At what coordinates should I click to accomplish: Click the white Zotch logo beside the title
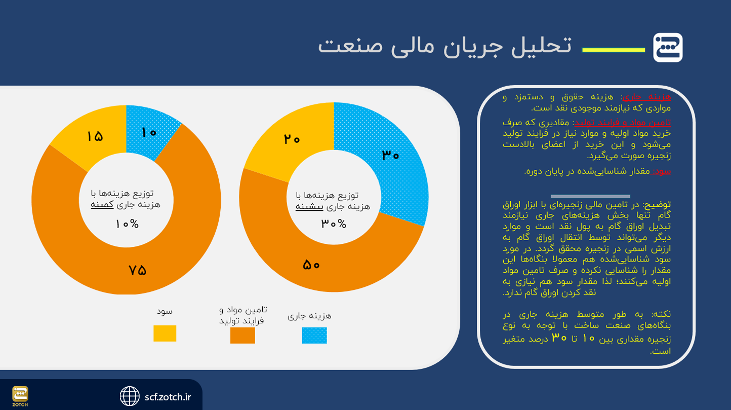click(668, 48)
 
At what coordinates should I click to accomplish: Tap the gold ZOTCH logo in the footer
click(20, 395)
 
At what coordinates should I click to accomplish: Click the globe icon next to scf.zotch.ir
click(130, 396)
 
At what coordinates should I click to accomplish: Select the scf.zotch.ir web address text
click(168, 397)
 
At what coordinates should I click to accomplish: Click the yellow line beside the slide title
click(614, 50)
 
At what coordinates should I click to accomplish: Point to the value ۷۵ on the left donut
click(137, 270)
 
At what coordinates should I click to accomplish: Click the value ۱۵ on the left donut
click(95, 136)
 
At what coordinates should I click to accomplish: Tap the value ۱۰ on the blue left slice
click(149, 133)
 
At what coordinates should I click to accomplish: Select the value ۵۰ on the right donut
click(311, 265)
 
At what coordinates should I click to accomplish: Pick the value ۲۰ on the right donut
click(292, 139)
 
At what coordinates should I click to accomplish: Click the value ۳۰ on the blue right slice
click(390, 155)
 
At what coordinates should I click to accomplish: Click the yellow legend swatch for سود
click(165, 333)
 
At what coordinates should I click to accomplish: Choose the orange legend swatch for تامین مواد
click(242, 336)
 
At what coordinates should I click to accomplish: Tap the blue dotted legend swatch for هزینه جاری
click(314, 336)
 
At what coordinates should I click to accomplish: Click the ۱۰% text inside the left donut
click(127, 224)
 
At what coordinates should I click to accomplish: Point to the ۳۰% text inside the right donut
click(334, 223)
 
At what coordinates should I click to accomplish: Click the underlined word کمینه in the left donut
click(102, 205)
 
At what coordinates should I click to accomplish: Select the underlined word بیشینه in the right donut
click(309, 207)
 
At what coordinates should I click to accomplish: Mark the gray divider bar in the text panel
click(590, 196)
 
